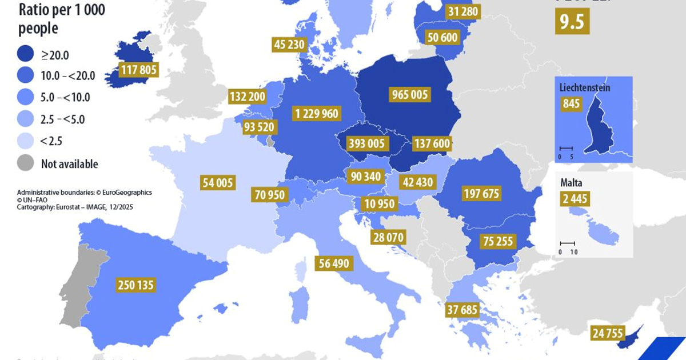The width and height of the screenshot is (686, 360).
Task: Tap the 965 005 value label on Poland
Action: point(410,94)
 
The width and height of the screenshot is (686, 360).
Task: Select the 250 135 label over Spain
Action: point(135,285)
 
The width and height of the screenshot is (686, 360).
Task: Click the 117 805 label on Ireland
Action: point(138,70)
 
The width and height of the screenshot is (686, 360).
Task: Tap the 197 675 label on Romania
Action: point(480,194)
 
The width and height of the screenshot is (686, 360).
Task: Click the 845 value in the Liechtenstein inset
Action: point(571,104)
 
